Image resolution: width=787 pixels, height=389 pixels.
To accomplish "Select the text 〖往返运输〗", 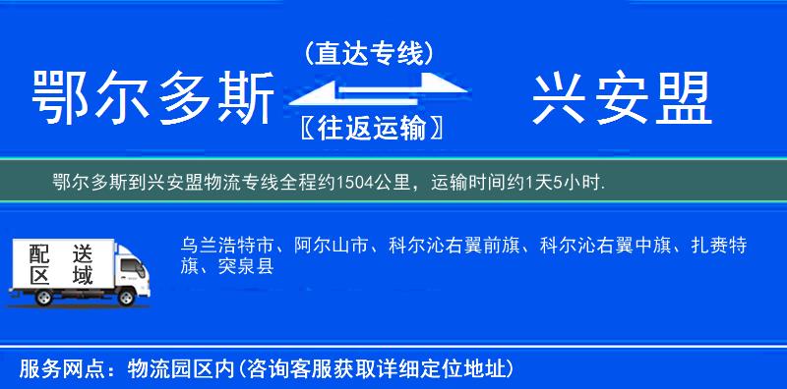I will (x=368, y=128).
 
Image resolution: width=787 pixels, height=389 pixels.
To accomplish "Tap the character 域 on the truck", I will (x=83, y=276).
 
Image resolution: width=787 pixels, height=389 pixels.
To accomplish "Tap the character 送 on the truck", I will (x=83, y=252).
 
